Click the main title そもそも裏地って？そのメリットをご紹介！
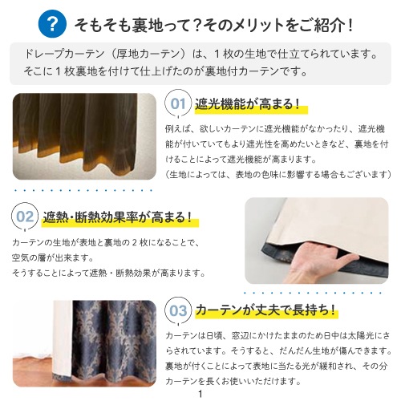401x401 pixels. coord(214,23)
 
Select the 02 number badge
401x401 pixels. coord(26,217)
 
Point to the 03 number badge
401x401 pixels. coord(177,310)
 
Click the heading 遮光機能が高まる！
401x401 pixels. coord(248,103)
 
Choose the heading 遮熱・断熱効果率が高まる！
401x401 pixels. coord(117,217)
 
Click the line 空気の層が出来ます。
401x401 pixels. coord(53,257)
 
